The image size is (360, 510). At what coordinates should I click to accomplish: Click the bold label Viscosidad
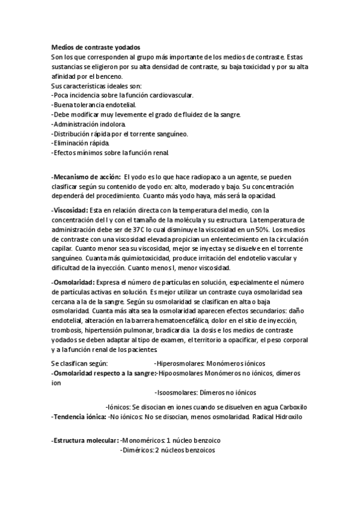[x=70, y=210]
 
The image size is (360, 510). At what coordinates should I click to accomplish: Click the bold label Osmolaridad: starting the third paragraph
[x=73, y=281]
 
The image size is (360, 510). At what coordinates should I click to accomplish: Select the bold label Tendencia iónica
[x=79, y=416]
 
